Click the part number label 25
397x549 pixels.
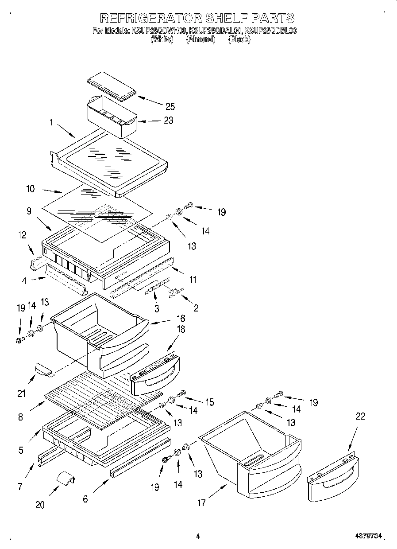pyautogui.click(x=170, y=106)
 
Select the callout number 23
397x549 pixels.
pyautogui.click(x=168, y=120)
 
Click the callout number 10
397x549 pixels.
pyautogui.click(x=31, y=188)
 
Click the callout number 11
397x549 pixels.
pyautogui.click(x=193, y=280)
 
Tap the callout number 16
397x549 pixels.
pyautogui.click(x=181, y=318)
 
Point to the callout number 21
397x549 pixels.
pyautogui.click(x=22, y=393)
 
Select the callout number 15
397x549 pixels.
pyautogui.click(x=209, y=402)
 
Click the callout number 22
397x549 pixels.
pyautogui.click(x=360, y=417)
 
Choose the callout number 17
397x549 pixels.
pyautogui.click(x=201, y=502)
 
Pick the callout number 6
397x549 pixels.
pyautogui.click(x=85, y=499)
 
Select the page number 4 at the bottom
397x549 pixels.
pyautogui.click(x=198, y=537)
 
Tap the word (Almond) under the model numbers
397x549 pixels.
pyautogui.click(x=200, y=39)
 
